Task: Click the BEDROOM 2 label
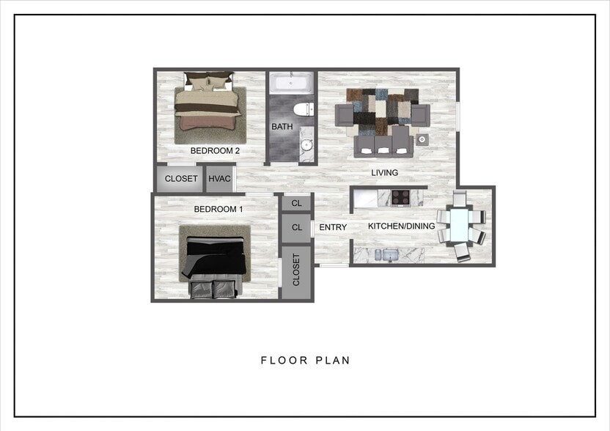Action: [x=216, y=151]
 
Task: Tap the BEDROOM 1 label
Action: [x=218, y=209]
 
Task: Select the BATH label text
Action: [x=282, y=127]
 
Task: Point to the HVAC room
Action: [x=220, y=179]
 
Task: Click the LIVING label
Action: [x=384, y=173]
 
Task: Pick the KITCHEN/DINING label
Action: [x=401, y=226]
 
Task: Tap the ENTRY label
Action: [x=333, y=227]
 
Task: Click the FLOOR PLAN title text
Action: [x=306, y=360]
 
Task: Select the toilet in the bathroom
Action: [x=301, y=111]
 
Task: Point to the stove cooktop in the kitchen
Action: [x=401, y=196]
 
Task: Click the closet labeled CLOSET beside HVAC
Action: [x=180, y=179]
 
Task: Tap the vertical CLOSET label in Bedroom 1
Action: [x=297, y=270]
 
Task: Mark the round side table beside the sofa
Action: [x=422, y=139]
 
